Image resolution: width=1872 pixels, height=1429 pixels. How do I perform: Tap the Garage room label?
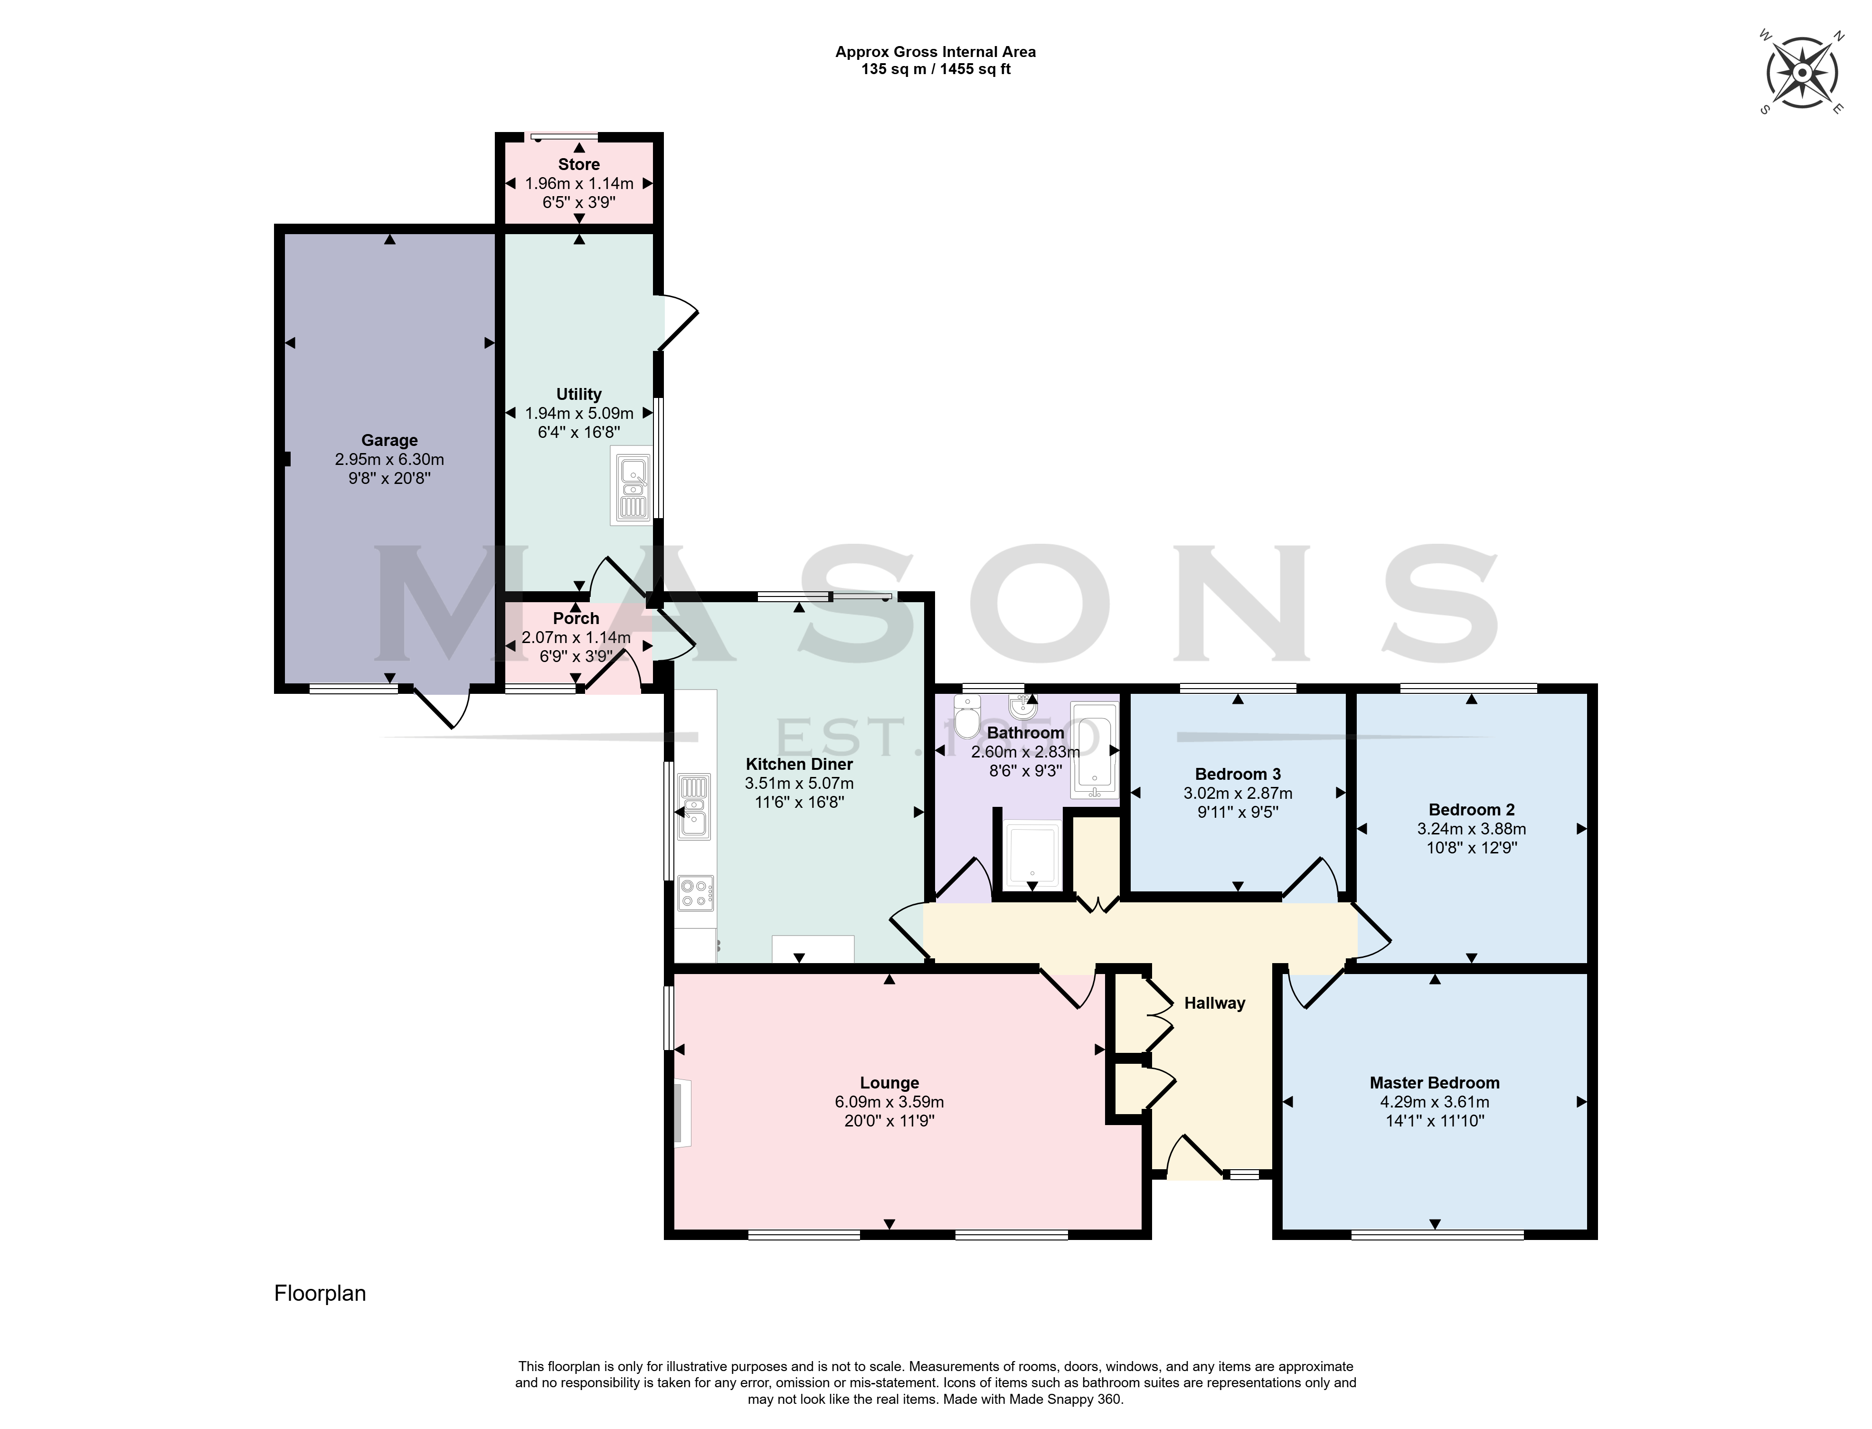(389, 441)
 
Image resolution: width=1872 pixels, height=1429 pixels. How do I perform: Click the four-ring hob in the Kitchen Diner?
(696, 893)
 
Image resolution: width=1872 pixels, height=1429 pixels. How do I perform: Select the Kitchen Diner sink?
(694, 806)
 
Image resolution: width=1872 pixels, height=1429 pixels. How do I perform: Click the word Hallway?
(1215, 1003)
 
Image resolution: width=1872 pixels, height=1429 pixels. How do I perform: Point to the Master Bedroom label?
(1435, 1083)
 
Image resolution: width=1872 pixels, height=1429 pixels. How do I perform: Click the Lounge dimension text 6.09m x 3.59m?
(889, 1102)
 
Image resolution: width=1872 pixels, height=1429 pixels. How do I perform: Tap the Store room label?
(579, 164)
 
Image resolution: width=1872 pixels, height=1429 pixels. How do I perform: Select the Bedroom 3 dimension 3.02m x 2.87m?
(1239, 794)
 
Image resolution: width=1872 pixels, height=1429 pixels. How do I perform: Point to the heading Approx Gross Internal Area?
(936, 52)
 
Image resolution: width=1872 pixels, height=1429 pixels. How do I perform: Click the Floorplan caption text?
(320, 1294)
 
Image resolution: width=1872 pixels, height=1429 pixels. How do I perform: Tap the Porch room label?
(577, 618)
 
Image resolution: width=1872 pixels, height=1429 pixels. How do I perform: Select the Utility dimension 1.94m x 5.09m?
(579, 413)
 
